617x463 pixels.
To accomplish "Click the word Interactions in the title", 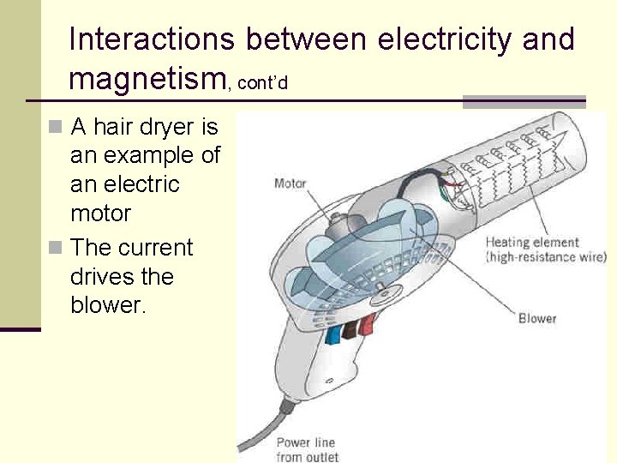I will click(151, 39).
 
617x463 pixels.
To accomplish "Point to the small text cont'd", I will click(261, 83).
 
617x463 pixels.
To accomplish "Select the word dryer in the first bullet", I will click(165, 129).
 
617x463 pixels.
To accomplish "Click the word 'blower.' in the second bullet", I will click(110, 306).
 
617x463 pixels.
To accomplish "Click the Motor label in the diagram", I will click(290, 183).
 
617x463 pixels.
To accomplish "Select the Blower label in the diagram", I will click(537, 318).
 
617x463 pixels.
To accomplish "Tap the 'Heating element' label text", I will click(532, 242).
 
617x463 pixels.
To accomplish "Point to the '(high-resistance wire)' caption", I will click(546, 256).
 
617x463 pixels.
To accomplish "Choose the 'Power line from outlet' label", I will click(307, 450).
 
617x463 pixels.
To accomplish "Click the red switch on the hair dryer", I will click(368, 324).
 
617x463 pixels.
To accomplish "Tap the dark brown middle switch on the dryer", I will click(350, 329).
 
